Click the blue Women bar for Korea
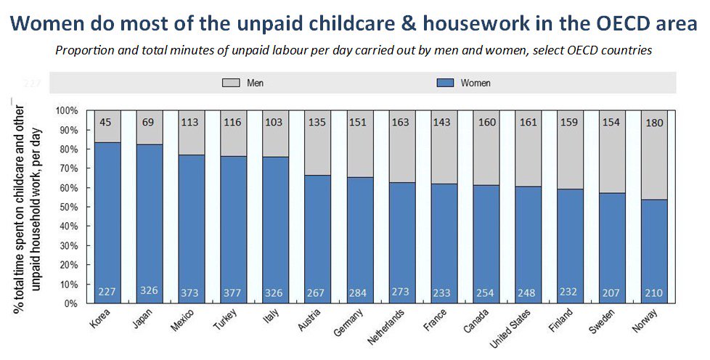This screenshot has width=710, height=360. [108, 218]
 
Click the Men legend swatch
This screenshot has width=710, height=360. [230, 83]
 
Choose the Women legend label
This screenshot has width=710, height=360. [476, 83]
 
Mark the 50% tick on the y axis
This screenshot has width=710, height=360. [68, 207]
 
